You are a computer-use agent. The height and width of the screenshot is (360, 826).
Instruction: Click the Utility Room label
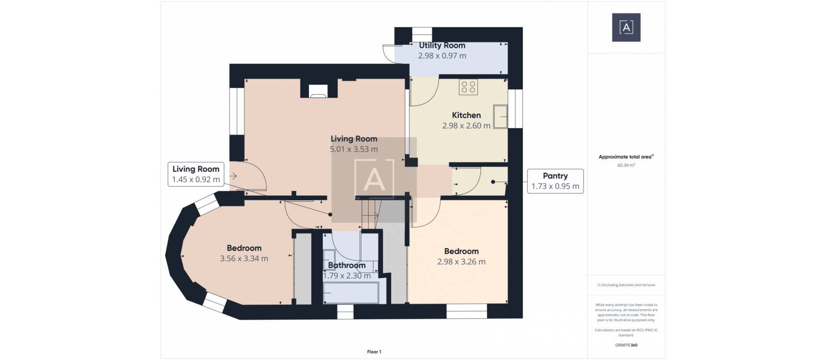click(x=442, y=45)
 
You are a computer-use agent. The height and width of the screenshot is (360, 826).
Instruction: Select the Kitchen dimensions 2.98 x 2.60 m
click(x=466, y=126)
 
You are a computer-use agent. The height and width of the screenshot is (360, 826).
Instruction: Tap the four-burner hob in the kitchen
click(x=468, y=87)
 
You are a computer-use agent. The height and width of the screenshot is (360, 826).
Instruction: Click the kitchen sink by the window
click(x=500, y=116)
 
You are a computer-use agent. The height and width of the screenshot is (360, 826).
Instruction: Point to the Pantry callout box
click(x=555, y=181)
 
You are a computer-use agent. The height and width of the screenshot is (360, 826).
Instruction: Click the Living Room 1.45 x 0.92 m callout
click(x=196, y=174)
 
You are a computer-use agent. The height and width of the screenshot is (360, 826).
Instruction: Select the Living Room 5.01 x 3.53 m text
click(x=354, y=149)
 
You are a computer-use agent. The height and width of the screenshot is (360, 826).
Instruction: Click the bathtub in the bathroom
click(x=351, y=292)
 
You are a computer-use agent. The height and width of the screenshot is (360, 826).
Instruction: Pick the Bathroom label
click(x=347, y=265)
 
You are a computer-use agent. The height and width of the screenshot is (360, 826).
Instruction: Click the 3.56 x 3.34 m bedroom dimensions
click(x=244, y=258)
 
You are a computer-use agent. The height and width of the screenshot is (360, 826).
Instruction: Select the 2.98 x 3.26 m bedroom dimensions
click(x=461, y=262)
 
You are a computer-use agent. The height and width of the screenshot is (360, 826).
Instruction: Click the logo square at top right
click(x=626, y=28)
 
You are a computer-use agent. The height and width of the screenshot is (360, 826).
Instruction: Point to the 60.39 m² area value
click(x=626, y=165)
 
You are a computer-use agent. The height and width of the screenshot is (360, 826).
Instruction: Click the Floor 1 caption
click(x=374, y=352)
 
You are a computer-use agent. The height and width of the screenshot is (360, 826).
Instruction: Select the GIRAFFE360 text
click(x=626, y=345)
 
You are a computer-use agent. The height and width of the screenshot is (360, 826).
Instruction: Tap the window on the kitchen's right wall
click(x=515, y=108)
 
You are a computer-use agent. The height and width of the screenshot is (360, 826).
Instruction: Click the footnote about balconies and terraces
click(x=626, y=285)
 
